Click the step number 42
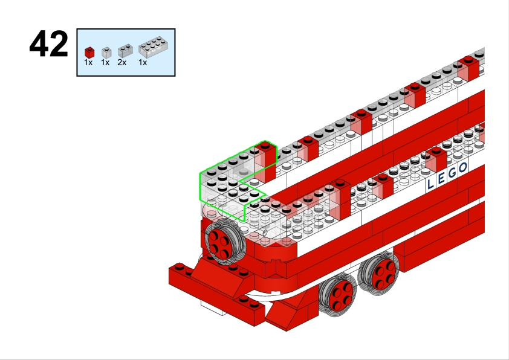pyautogui.click(x=49, y=43)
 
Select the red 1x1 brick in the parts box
pyautogui.click(x=89, y=53)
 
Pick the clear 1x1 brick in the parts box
pyautogui.click(x=106, y=53)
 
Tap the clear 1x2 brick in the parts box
pyautogui.click(x=125, y=51)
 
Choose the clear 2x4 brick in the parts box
pyautogui.click(x=153, y=47)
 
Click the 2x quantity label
pyautogui.click(x=122, y=62)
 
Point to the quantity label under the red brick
pyautogui.click(x=88, y=62)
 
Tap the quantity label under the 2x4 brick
pyautogui.click(x=143, y=62)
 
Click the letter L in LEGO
pyautogui.click(x=430, y=184)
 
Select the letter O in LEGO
pyautogui.click(x=463, y=168)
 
